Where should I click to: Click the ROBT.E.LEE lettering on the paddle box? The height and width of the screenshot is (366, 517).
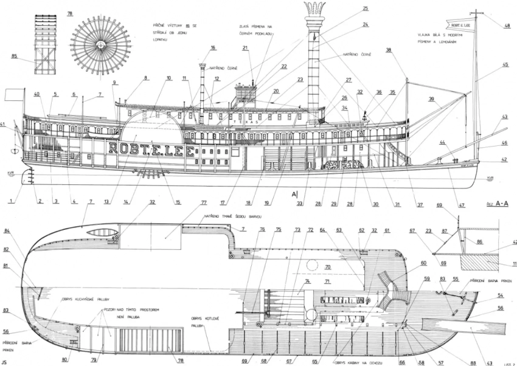pyautogui.click(x=152, y=149)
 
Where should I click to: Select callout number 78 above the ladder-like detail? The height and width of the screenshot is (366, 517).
pyautogui.click(x=69, y=13)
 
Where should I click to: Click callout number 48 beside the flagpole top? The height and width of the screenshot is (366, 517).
pyautogui.click(x=507, y=25)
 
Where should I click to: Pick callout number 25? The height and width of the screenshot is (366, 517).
pyautogui.click(x=365, y=9)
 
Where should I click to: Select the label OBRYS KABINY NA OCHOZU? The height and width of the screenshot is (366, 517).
pyautogui.click(x=359, y=361)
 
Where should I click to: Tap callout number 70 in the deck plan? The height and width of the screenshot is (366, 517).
pyautogui.click(x=327, y=266)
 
